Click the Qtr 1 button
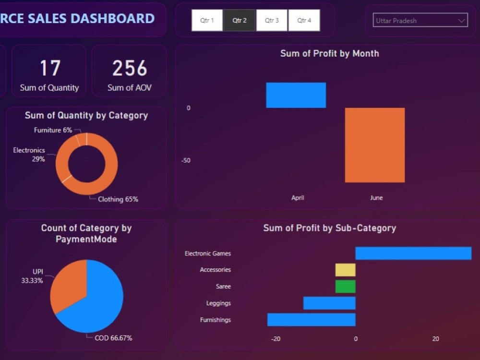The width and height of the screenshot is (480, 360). (x=207, y=20)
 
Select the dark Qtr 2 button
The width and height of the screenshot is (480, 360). (x=239, y=20)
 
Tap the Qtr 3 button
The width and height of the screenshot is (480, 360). (x=271, y=20)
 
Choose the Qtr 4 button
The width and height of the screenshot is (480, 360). (x=304, y=20)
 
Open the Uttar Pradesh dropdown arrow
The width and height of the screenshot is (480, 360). (x=462, y=21)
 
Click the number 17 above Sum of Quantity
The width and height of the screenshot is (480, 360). (x=49, y=68)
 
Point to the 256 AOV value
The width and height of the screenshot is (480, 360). (x=130, y=68)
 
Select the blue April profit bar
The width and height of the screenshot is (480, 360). (x=296, y=95)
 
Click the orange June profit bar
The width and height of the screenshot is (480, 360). (x=374, y=145)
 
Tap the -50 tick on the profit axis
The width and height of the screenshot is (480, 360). (x=186, y=160)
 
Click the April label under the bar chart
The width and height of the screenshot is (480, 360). (x=298, y=198)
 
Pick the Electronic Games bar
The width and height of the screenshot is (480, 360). (x=413, y=253)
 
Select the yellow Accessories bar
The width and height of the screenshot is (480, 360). (x=345, y=270)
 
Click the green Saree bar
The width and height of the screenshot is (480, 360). (x=345, y=287)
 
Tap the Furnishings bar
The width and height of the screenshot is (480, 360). (x=311, y=320)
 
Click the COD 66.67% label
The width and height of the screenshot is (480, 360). (x=113, y=338)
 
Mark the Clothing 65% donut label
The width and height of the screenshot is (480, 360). (x=118, y=199)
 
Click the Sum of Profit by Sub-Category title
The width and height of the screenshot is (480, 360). (x=329, y=228)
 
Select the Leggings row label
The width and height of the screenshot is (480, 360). (x=218, y=303)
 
